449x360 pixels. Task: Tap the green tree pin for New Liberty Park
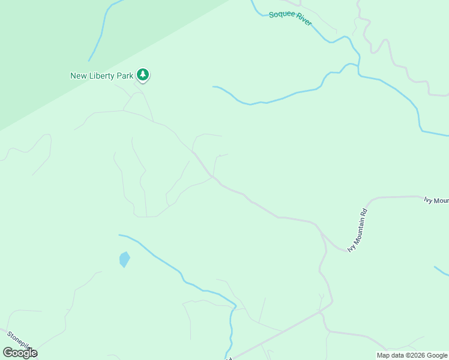143,75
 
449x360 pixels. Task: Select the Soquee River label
291,18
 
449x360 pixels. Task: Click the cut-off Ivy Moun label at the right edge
436,200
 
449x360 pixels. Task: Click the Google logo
20,353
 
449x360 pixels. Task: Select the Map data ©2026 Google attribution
412,355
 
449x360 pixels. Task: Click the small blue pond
124,259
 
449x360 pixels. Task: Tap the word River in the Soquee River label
303,21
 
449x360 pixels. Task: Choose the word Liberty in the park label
103,76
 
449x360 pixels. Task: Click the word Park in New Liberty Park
125,76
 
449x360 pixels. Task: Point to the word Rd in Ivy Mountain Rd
364,212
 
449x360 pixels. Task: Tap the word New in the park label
79,76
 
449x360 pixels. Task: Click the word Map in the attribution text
384,355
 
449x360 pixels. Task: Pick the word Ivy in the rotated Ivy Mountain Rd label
351,247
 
